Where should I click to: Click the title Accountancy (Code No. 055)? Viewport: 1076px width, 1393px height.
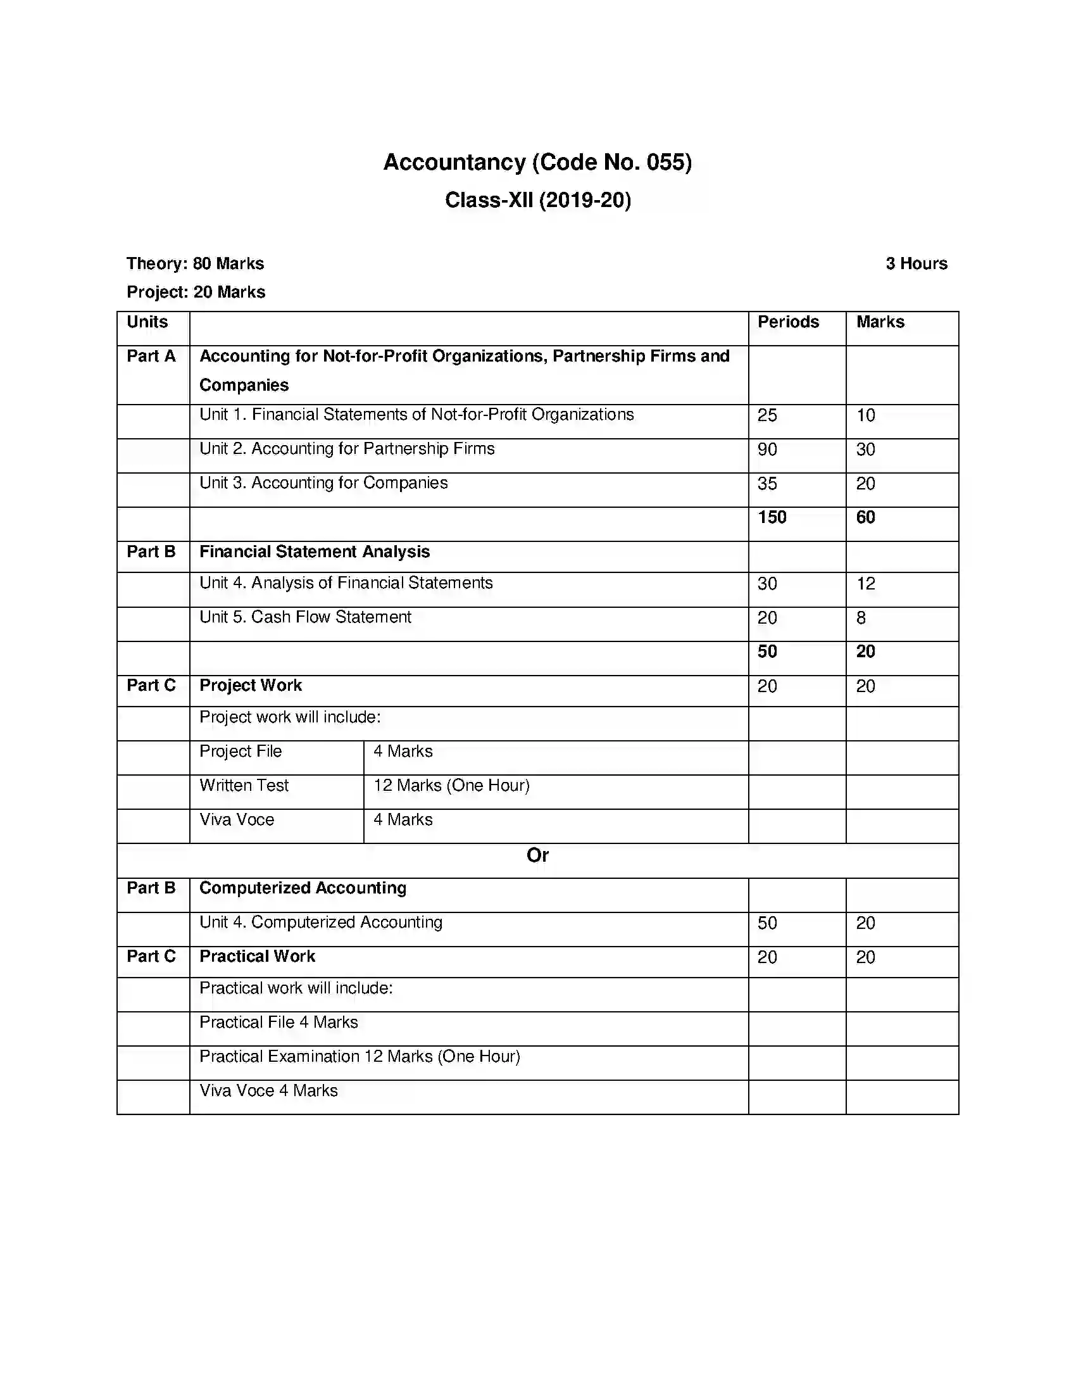[537, 162]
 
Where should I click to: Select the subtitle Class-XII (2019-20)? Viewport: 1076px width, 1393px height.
[537, 200]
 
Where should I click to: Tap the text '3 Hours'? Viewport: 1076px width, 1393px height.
[916, 263]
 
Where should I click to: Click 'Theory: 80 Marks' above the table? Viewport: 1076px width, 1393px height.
[195, 263]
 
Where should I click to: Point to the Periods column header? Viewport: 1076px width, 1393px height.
[788, 322]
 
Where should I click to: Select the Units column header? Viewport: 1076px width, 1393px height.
[147, 322]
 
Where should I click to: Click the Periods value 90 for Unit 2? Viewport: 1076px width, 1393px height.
[767, 450]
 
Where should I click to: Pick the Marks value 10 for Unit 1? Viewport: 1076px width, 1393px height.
[865, 415]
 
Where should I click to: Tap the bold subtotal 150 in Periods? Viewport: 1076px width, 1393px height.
[772, 517]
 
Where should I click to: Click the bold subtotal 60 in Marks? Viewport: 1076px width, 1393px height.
[865, 517]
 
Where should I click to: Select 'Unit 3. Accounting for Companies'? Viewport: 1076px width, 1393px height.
[323, 483]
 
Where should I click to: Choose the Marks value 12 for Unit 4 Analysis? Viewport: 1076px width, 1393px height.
[865, 584]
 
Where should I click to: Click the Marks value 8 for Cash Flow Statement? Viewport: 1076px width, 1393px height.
[861, 618]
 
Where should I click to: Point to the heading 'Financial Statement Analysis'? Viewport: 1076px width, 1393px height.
[315, 552]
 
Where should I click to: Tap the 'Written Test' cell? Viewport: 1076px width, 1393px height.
[244, 786]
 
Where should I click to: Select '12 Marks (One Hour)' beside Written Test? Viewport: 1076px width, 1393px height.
[451, 786]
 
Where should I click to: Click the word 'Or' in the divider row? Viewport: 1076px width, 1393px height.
[537, 855]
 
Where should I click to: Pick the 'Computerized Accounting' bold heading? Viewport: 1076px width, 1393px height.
[303, 888]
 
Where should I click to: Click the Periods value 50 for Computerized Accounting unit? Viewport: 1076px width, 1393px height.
[767, 923]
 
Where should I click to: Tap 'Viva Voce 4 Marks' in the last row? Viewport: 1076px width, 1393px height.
[268, 1091]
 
